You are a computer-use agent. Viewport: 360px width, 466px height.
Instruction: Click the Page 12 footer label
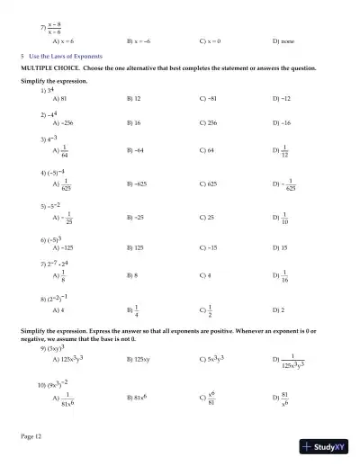point(31,436)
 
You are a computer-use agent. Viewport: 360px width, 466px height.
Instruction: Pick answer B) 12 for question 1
point(135,97)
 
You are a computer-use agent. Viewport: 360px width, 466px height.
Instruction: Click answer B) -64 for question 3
point(136,151)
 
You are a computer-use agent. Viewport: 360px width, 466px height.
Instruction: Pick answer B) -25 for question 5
point(136,217)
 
